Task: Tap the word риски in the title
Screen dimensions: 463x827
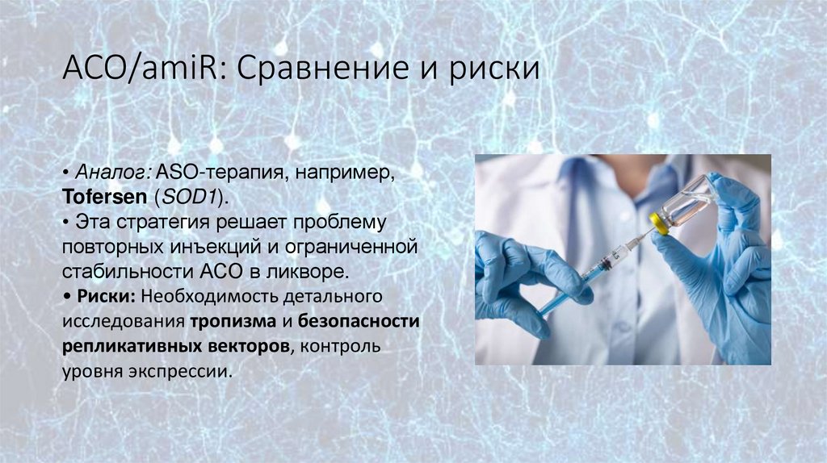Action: pos(493,68)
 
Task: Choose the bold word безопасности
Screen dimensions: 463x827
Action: pos(359,320)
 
